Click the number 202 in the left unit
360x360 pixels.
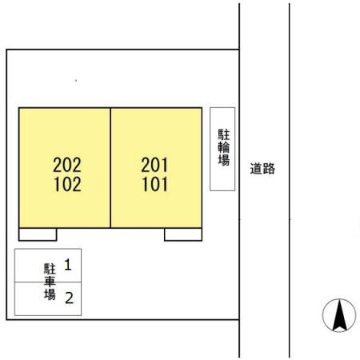point(67,166)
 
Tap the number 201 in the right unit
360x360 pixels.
point(154,166)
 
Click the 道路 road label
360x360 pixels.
point(262,169)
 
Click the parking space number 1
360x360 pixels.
point(69,263)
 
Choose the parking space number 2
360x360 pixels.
point(69,298)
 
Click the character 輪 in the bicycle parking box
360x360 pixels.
point(223,147)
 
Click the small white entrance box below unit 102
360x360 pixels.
point(38,234)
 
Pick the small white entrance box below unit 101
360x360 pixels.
point(183,234)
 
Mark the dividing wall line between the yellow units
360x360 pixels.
point(110,167)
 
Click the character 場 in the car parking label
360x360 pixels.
point(49,296)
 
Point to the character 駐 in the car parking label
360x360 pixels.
point(49,270)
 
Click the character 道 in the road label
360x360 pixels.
point(256,169)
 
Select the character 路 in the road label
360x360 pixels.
point(269,169)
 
